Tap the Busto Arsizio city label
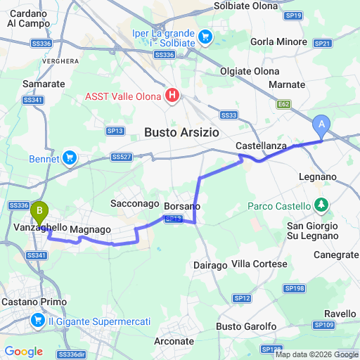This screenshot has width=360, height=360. click(182, 132)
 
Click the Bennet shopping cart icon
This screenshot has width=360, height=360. click(69, 157)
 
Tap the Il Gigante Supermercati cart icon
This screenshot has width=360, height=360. click(37, 321)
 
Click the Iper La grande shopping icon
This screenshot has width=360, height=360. click(205, 36)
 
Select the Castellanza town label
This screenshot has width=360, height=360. click(259, 145)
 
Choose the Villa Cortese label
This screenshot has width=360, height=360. click(259, 264)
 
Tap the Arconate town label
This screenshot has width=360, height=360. click(173, 341)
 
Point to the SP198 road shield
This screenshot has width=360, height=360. click(293, 288)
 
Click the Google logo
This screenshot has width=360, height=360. click(23, 352)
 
